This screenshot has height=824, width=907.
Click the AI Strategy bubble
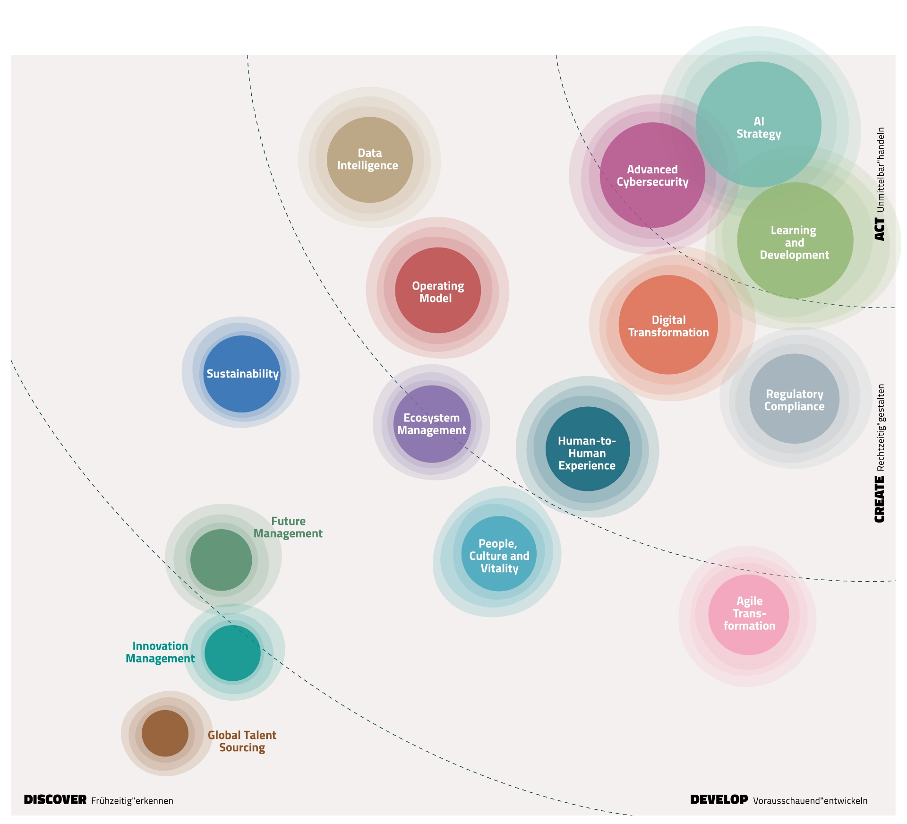point(758,125)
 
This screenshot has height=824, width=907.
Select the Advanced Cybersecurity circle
point(652,175)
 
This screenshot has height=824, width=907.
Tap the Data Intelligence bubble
point(369,160)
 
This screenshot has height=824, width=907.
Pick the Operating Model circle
point(437,290)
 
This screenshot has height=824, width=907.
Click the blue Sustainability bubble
point(242,374)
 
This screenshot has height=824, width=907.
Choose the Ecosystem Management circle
point(432,424)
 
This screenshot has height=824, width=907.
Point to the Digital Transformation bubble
point(668,325)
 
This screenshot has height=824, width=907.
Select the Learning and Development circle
point(795,240)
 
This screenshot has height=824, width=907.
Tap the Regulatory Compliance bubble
point(794,399)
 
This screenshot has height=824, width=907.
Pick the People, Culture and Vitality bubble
point(499,554)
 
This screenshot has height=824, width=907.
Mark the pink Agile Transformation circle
point(749,614)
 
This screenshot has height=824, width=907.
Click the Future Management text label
point(288,527)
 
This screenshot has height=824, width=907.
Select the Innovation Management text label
point(160,652)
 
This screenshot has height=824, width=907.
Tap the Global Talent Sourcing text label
point(242,741)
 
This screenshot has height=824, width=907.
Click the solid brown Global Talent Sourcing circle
point(165,733)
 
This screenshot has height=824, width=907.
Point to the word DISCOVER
point(55,800)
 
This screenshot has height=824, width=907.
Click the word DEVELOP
point(719,800)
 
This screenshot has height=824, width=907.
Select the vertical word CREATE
point(879,499)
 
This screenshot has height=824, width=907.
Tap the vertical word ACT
point(879,229)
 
